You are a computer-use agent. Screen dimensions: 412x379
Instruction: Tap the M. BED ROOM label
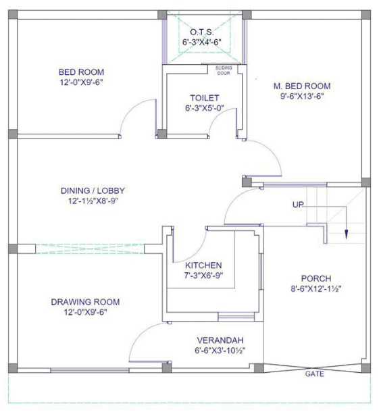[x=301, y=86]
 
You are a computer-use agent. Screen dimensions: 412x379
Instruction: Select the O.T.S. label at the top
[x=203, y=32]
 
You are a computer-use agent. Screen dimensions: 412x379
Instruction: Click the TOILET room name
[x=204, y=98]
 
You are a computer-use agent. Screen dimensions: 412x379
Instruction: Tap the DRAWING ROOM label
[x=85, y=301]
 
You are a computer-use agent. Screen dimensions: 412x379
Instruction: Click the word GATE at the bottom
[x=314, y=373]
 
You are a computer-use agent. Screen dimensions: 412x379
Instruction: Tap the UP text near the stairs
[x=299, y=205]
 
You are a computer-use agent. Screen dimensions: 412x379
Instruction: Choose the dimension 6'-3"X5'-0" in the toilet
[x=205, y=108]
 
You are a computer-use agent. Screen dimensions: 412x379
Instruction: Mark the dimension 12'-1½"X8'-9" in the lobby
[x=93, y=201]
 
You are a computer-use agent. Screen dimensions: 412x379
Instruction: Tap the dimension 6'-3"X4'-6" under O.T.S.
[x=203, y=42]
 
